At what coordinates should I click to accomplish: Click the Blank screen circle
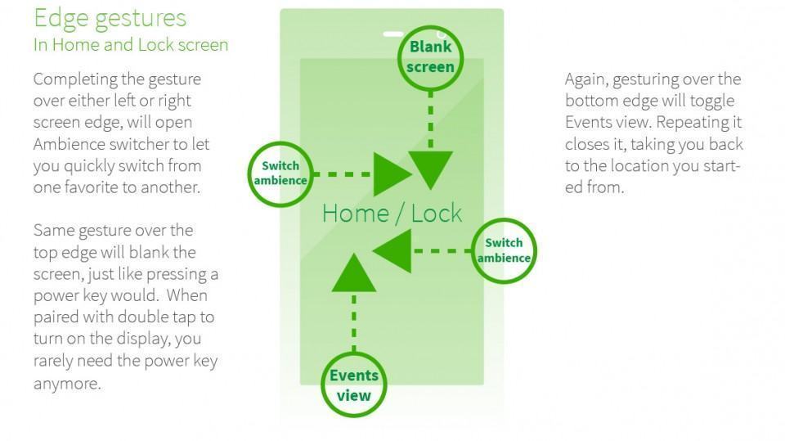click(x=430, y=57)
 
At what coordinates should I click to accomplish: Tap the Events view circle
click(x=354, y=385)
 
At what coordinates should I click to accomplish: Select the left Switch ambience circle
click(x=280, y=173)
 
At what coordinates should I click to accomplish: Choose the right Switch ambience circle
click(x=504, y=250)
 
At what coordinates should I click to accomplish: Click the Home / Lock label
click(x=392, y=214)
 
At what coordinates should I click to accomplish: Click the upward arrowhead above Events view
click(x=354, y=273)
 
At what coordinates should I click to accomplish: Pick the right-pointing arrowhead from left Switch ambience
click(x=392, y=174)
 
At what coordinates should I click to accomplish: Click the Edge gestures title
click(x=110, y=18)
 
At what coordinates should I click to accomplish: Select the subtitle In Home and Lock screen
click(x=131, y=45)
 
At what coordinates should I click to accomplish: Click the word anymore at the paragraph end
click(x=67, y=383)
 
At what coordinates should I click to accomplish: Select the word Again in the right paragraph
click(x=587, y=79)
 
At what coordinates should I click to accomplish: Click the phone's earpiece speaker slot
click(x=393, y=34)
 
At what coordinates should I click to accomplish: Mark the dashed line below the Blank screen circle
click(x=430, y=115)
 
